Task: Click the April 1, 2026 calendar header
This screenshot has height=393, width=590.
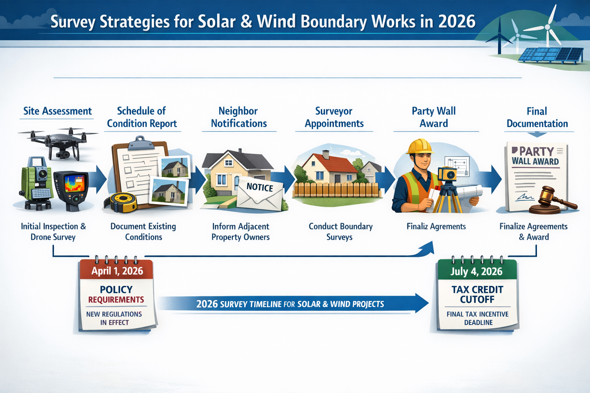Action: (117, 271)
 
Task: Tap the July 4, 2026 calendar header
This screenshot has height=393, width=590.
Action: (476, 271)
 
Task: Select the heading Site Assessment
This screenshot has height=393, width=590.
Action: (58, 111)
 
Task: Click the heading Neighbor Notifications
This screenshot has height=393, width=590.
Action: (239, 117)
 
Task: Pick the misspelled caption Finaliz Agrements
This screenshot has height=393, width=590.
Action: (436, 226)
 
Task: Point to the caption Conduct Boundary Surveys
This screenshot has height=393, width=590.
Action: (340, 231)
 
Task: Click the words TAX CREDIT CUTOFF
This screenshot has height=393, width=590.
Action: (477, 294)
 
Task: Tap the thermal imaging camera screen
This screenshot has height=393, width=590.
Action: (75, 183)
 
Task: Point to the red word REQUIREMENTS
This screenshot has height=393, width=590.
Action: (116, 300)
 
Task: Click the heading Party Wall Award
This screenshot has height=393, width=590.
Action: (434, 117)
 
